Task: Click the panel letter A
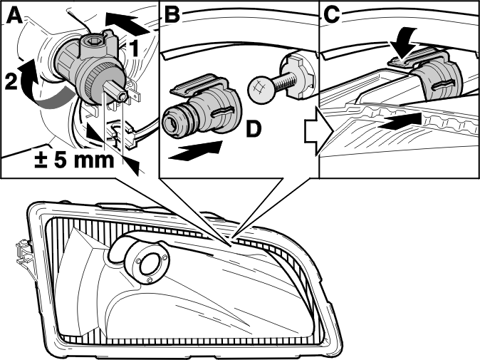(14, 16)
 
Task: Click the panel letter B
(172, 15)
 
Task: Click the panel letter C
(332, 15)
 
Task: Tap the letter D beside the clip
(254, 129)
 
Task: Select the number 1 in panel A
(133, 48)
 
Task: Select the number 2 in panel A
(11, 82)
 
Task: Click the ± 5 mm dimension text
(74, 160)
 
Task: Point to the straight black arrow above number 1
(127, 23)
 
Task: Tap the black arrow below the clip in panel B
(195, 150)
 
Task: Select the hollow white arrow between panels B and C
(318, 132)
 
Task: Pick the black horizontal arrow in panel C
(400, 121)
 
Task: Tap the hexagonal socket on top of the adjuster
(92, 41)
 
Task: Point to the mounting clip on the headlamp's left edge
(24, 253)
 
